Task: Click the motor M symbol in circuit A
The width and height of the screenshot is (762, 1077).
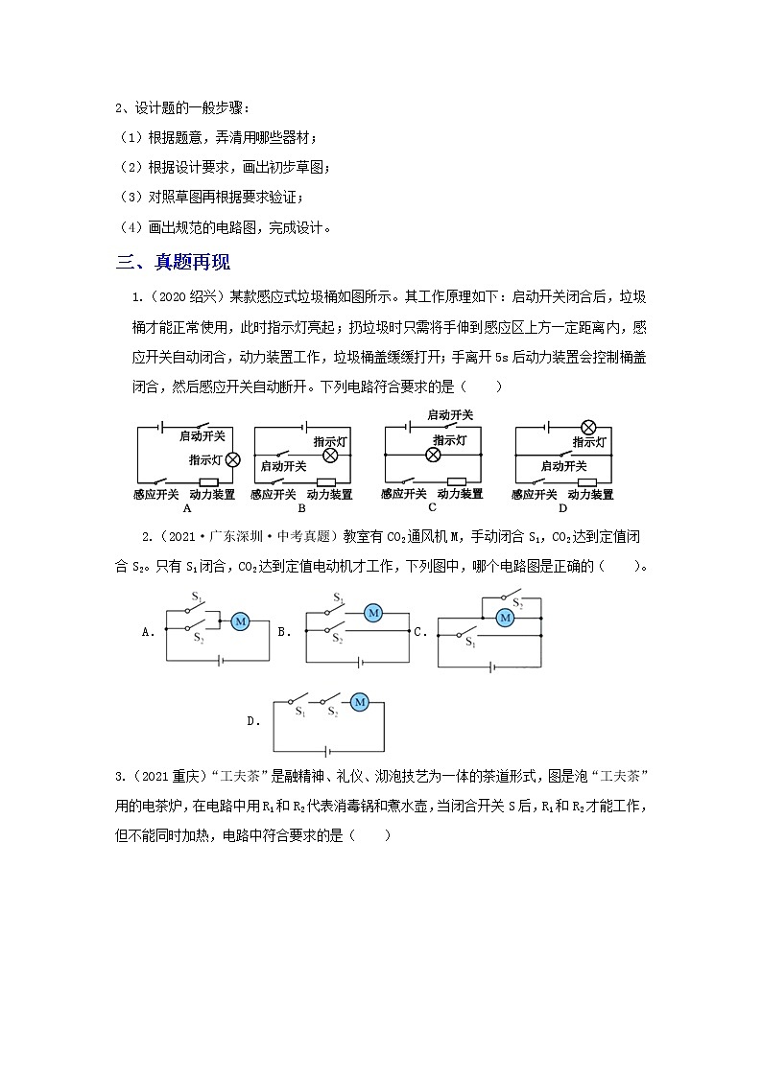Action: pyautogui.click(x=241, y=622)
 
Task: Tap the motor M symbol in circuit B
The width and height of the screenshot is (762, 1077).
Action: pyautogui.click(x=374, y=611)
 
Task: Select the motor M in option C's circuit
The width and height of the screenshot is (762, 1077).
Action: pyautogui.click(x=504, y=618)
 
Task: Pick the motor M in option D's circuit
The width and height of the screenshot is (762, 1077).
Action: pyautogui.click(x=360, y=702)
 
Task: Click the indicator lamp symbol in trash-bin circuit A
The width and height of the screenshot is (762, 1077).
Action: pyautogui.click(x=232, y=459)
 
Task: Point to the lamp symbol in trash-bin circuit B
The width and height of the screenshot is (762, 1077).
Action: pyautogui.click(x=331, y=455)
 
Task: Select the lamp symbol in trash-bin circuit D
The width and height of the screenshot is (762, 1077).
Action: pyautogui.click(x=590, y=427)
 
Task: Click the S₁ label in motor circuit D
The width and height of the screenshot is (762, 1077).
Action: pyautogui.click(x=300, y=714)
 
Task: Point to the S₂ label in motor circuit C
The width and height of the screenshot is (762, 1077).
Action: pyautogui.click(x=517, y=603)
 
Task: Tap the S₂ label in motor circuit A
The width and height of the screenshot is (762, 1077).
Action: pyautogui.click(x=199, y=638)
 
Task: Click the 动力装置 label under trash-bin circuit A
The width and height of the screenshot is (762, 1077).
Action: pyautogui.click(x=212, y=495)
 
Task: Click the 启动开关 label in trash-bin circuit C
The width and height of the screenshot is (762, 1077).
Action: pyautogui.click(x=449, y=414)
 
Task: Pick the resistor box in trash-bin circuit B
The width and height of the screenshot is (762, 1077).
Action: pyautogui.click(x=326, y=481)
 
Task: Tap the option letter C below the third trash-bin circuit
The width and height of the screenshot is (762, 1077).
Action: pyautogui.click(x=432, y=507)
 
